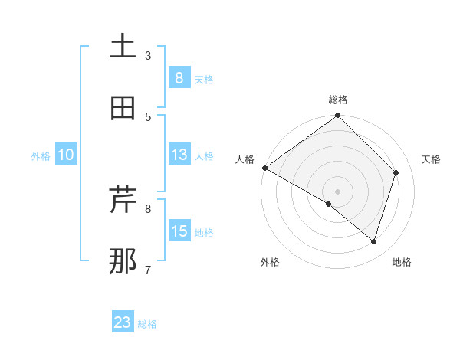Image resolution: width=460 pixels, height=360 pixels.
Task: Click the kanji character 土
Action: pyautogui.click(x=123, y=47)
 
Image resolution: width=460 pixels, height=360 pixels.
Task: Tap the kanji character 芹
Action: pyautogui.click(x=123, y=200)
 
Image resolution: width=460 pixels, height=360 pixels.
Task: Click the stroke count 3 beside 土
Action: pyautogui.click(x=148, y=55)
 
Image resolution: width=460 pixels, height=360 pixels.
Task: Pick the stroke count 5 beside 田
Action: pyautogui.click(x=148, y=116)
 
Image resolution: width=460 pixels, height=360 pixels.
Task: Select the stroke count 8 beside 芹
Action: pyautogui.click(x=148, y=208)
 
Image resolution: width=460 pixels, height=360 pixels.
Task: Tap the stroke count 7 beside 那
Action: pyautogui.click(x=148, y=270)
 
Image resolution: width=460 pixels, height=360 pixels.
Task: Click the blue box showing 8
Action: pyautogui.click(x=179, y=77)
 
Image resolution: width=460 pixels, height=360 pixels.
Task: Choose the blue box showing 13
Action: pyautogui.click(x=179, y=155)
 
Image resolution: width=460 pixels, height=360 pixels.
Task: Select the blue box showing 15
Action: pyautogui.click(x=179, y=231)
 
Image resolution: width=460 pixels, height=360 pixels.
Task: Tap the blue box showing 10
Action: pyautogui.click(x=66, y=155)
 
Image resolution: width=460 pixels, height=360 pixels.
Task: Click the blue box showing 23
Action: pyautogui.click(x=123, y=322)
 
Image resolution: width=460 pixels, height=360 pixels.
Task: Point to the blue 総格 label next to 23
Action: pyautogui.click(x=148, y=324)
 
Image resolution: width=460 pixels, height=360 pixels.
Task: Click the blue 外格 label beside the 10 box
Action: pyautogui.click(x=41, y=156)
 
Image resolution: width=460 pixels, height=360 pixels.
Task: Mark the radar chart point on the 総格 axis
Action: pyautogui.click(x=337, y=116)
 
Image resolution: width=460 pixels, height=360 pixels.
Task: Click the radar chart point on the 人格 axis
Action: pyautogui.click(x=264, y=168)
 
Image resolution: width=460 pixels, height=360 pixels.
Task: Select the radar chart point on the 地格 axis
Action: pyautogui.click(x=373, y=241)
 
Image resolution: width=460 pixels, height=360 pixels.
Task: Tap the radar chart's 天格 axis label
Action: pyautogui.click(x=431, y=159)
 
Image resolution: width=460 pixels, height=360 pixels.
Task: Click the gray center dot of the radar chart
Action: pyautogui.click(x=337, y=191)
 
